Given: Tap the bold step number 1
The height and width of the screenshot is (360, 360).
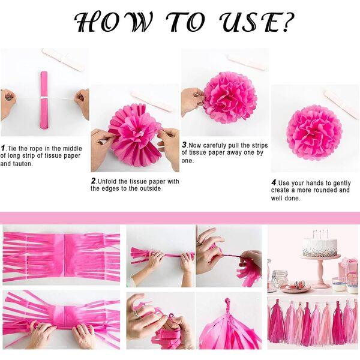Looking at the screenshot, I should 3,148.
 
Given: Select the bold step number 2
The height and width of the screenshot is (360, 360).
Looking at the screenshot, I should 94,181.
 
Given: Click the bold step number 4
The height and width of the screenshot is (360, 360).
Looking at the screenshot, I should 274,182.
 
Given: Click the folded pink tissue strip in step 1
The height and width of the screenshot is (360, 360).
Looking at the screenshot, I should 43,99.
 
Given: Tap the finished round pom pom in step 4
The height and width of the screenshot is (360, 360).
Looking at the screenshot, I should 313,131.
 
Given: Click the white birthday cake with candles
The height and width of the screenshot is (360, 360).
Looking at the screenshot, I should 320,246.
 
